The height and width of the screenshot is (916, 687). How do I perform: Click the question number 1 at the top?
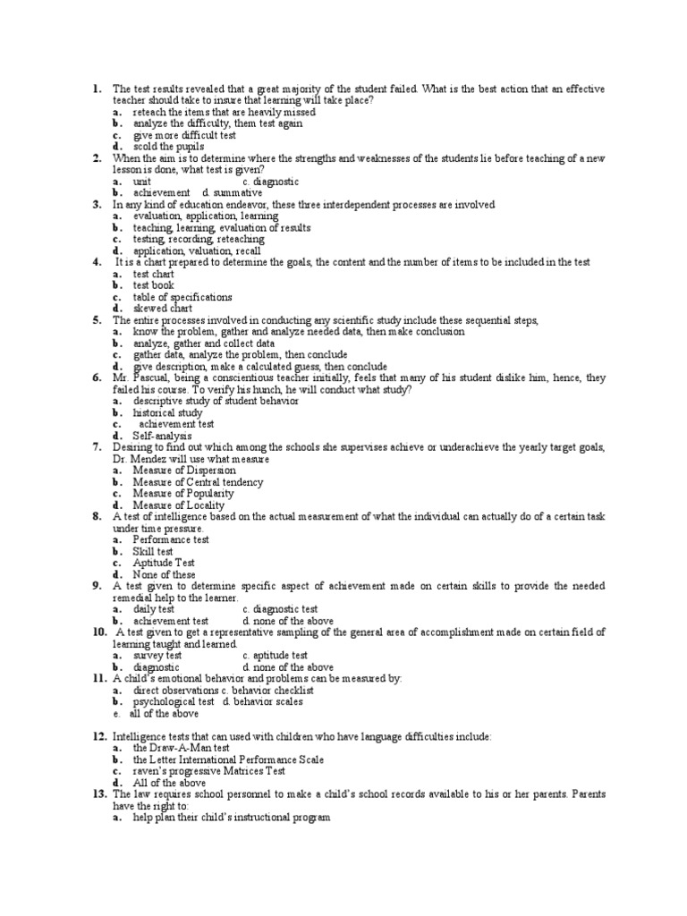click(95, 89)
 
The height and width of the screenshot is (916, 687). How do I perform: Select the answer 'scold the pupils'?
click(168, 147)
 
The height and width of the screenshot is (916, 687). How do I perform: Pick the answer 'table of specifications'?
click(182, 297)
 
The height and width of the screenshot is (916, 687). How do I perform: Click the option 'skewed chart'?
click(170, 309)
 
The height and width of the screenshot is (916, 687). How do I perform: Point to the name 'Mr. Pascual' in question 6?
click(140, 377)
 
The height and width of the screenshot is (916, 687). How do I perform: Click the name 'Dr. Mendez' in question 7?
click(140, 459)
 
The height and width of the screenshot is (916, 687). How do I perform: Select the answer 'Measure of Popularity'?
click(183, 494)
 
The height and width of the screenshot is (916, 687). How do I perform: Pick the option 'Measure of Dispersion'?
click(184, 471)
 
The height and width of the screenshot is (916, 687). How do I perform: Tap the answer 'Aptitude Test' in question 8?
click(164, 563)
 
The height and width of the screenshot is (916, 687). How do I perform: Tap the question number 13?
click(99, 793)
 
